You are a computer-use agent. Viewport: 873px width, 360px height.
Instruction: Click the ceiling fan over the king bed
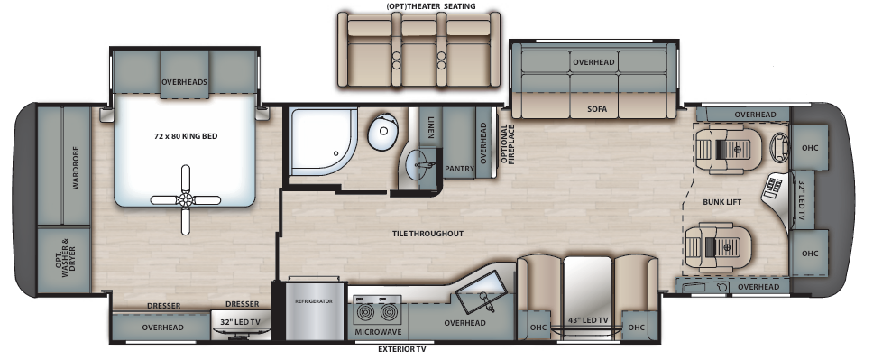186,199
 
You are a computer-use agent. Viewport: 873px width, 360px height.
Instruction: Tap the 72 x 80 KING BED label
186,136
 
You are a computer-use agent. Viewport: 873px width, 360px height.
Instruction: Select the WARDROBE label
76,168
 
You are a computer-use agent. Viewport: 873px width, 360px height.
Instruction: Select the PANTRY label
459,169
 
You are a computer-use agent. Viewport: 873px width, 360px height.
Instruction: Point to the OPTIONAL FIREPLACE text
507,143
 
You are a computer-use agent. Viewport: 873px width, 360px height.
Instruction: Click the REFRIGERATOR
314,309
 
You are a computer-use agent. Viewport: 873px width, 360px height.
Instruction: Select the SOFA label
597,109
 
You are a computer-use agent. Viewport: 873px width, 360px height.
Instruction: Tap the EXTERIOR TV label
402,349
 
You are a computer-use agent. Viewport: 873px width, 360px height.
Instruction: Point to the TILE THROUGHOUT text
427,234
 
